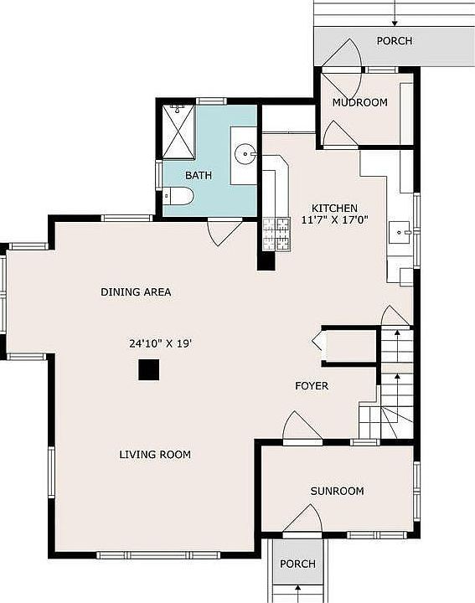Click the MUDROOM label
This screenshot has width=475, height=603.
[359, 103]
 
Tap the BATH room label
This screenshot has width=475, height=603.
[199, 176]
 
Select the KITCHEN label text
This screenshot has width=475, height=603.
[334, 209]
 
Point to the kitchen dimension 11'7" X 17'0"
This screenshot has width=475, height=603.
[334, 220]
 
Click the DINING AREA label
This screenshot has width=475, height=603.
[136, 292]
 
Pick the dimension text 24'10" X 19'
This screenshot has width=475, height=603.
[161, 343]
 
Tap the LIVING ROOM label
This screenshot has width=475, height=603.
[154, 455]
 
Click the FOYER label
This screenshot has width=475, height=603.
[311, 386]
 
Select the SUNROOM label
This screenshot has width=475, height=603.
[337, 491]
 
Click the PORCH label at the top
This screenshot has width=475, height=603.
[394, 41]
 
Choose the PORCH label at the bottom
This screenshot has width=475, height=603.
[297, 564]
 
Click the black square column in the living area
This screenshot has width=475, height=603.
[149, 369]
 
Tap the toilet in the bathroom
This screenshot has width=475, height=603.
[178, 197]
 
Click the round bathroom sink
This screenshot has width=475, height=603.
[244, 153]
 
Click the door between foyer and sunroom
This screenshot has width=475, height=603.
[301, 427]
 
